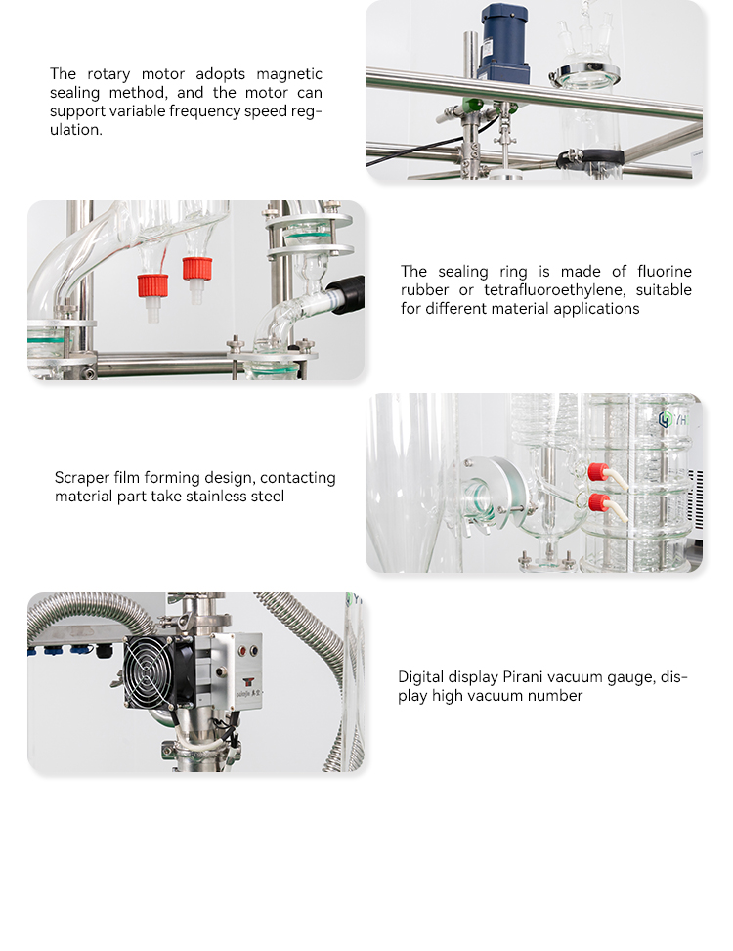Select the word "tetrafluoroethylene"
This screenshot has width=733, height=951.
pyautogui.click(x=554, y=290)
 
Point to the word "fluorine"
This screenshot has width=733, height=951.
pyautogui.click(x=664, y=271)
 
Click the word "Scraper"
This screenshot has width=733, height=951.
pyautogui.click(x=82, y=479)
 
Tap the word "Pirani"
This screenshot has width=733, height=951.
pyautogui.click(x=521, y=677)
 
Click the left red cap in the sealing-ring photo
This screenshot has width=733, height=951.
pyautogui.click(x=152, y=285)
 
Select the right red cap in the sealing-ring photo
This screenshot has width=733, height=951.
pyautogui.click(x=197, y=269)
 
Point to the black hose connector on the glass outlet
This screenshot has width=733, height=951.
pyautogui.click(x=346, y=294)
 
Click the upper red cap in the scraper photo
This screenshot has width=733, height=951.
pyautogui.click(x=598, y=472)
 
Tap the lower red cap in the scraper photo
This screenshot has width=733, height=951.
pyautogui.click(x=598, y=502)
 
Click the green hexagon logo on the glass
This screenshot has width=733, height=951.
pyautogui.click(x=666, y=418)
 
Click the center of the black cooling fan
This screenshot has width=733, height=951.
pyautogui.click(x=152, y=672)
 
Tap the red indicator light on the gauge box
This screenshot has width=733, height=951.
pyautogui.click(x=242, y=651)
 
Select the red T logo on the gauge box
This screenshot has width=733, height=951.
pyautogui.click(x=247, y=681)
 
